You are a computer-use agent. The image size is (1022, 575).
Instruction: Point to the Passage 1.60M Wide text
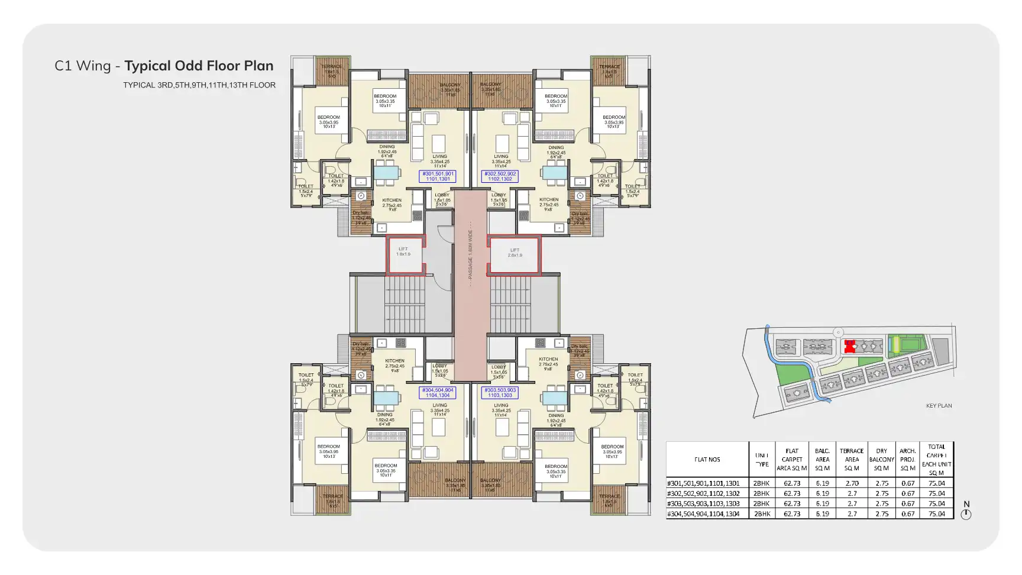click(x=470, y=254)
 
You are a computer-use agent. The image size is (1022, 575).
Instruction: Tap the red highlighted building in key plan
click(x=850, y=347)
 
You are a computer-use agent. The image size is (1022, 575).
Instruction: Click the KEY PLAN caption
click(x=939, y=406)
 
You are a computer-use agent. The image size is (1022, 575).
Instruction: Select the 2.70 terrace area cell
click(x=852, y=483)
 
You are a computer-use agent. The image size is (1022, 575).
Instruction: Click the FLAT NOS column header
click(x=707, y=460)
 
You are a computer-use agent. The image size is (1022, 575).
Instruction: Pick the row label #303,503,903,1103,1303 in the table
click(x=703, y=504)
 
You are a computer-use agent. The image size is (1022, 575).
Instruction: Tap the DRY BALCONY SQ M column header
click(x=881, y=460)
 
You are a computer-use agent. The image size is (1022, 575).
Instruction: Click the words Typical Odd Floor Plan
click(x=199, y=66)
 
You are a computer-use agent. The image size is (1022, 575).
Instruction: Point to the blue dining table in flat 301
click(x=387, y=173)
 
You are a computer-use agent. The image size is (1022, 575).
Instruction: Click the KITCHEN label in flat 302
click(x=549, y=200)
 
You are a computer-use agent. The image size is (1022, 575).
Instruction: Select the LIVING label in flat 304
click(x=439, y=406)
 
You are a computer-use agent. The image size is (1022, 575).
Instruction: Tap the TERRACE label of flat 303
click(x=609, y=497)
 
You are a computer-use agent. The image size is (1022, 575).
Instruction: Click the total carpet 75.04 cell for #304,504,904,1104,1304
click(x=936, y=514)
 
